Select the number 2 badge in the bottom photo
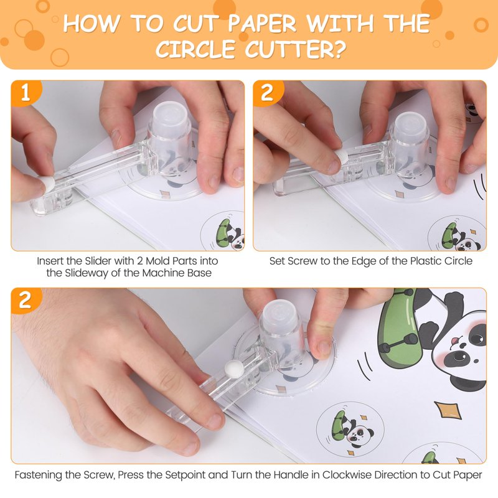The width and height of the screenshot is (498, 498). coord(26,300)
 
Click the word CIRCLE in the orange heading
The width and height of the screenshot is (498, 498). coord(195,49)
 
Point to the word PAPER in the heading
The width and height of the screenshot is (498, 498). coord(262,23)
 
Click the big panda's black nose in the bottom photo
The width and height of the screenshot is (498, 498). coord(459,356)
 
